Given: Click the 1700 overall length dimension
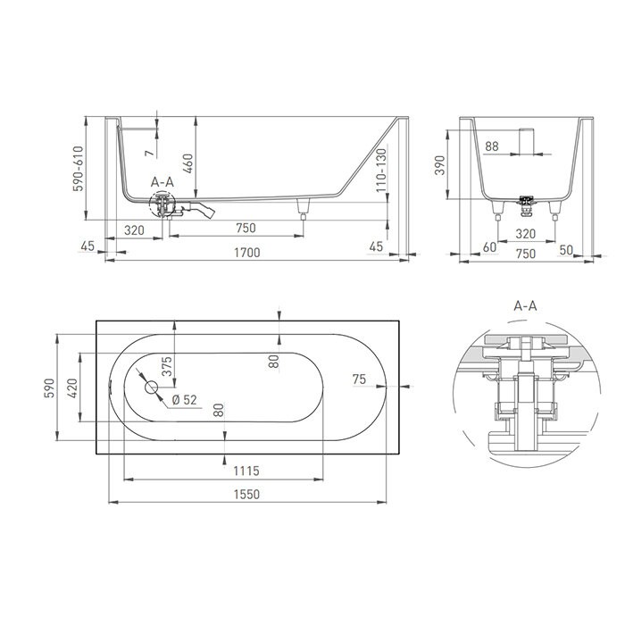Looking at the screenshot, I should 246,253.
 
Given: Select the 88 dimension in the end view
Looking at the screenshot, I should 492,146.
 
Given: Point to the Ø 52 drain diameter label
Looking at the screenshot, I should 183,399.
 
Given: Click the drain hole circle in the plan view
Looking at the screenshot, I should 150,388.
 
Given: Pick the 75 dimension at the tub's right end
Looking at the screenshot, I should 359,380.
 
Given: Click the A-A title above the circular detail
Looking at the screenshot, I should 526,305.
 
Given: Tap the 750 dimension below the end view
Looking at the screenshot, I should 525,253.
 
